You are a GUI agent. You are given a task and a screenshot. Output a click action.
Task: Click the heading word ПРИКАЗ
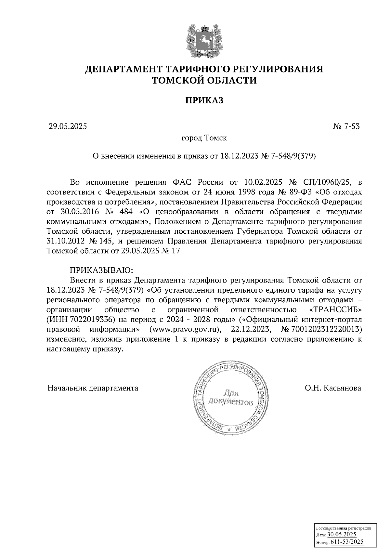[x=204, y=100]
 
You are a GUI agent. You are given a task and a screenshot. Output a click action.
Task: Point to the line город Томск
[x=204, y=138]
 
